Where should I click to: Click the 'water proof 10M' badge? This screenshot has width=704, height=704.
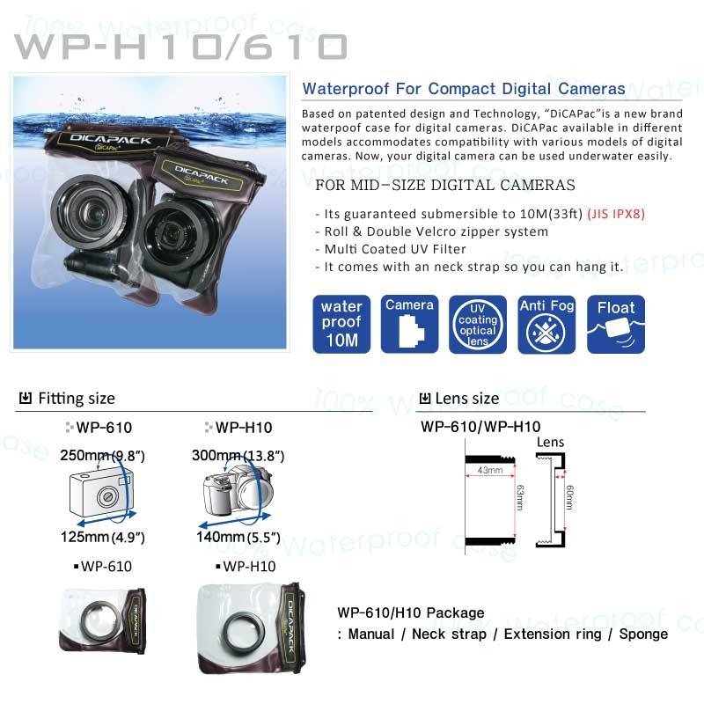[341, 324]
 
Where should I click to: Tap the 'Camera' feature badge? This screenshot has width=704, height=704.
[409, 324]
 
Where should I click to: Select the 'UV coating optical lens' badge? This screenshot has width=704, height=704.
[478, 324]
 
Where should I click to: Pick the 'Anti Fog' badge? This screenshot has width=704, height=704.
[546, 324]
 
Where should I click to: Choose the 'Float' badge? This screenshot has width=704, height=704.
[615, 324]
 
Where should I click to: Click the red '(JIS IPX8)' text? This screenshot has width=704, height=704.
[616, 214]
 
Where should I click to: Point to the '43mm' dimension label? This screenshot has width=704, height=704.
[490, 470]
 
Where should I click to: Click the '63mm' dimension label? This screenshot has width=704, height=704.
[520, 497]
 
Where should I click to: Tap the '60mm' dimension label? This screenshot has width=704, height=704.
[569, 497]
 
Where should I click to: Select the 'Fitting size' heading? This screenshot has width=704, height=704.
[77, 399]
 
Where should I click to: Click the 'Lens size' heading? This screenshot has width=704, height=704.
[467, 399]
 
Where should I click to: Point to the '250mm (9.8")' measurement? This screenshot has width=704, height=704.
[102, 455]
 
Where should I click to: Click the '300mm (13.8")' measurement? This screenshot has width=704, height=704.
[238, 455]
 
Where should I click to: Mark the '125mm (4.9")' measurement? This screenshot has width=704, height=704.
[102, 537]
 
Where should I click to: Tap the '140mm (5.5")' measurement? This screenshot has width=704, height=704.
[238, 537]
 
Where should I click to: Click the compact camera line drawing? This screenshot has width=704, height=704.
[101, 493]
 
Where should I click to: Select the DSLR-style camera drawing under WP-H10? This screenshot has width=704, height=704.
[237, 490]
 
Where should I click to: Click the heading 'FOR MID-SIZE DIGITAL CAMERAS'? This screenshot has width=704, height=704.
[445, 185]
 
